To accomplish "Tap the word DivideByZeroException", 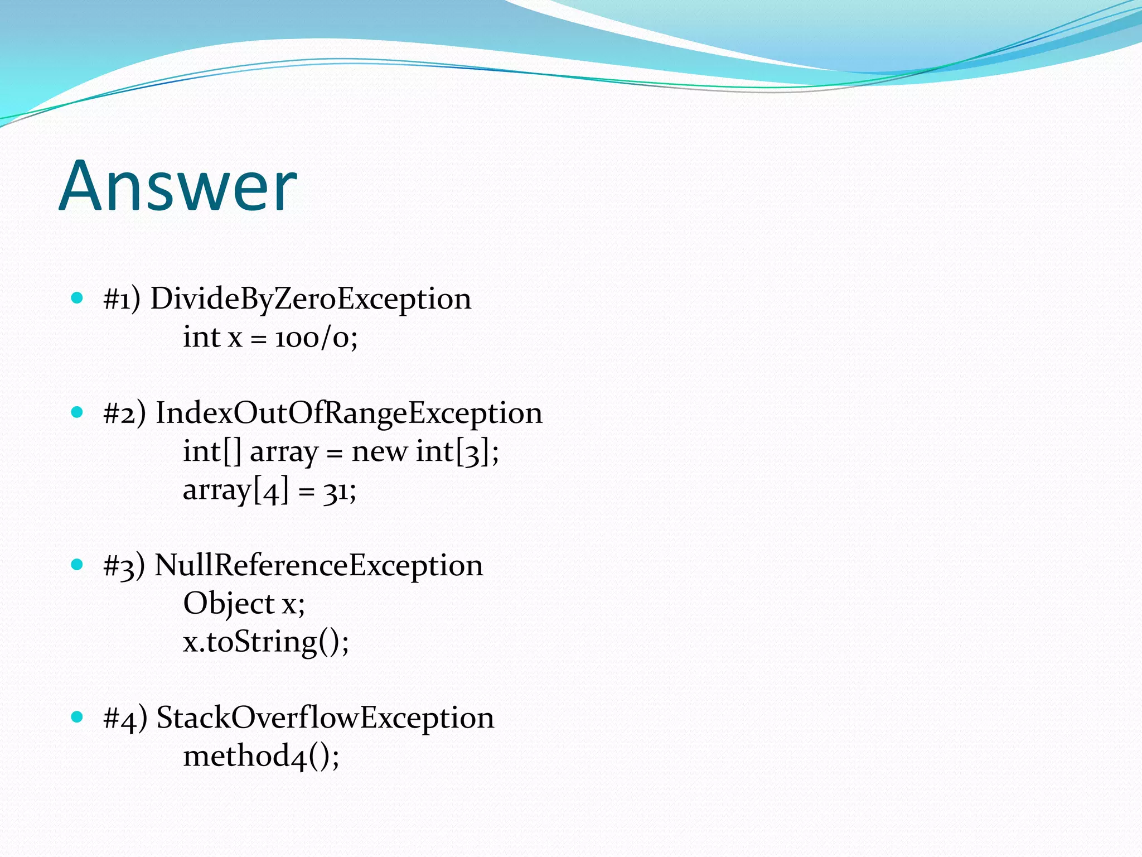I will [x=311, y=299].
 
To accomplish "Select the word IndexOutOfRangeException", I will [x=349, y=413].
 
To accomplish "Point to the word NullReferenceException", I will [x=318, y=565].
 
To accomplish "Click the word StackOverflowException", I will [x=325, y=718].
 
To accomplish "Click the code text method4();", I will [x=261, y=756].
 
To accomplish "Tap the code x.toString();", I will [x=266, y=642].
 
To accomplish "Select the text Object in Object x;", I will [x=229, y=604].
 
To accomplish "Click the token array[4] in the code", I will [x=236, y=490].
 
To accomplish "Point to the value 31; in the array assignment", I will [x=339, y=490].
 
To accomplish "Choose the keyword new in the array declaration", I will [x=379, y=451].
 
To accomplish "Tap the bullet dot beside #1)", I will [x=78, y=298].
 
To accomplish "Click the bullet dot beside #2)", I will [x=78, y=412].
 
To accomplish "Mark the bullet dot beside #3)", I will [x=78, y=564].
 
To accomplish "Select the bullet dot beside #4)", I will [x=78, y=716].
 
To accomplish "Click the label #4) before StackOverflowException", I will [x=125, y=718].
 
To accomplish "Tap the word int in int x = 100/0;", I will [x=201, y=338].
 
